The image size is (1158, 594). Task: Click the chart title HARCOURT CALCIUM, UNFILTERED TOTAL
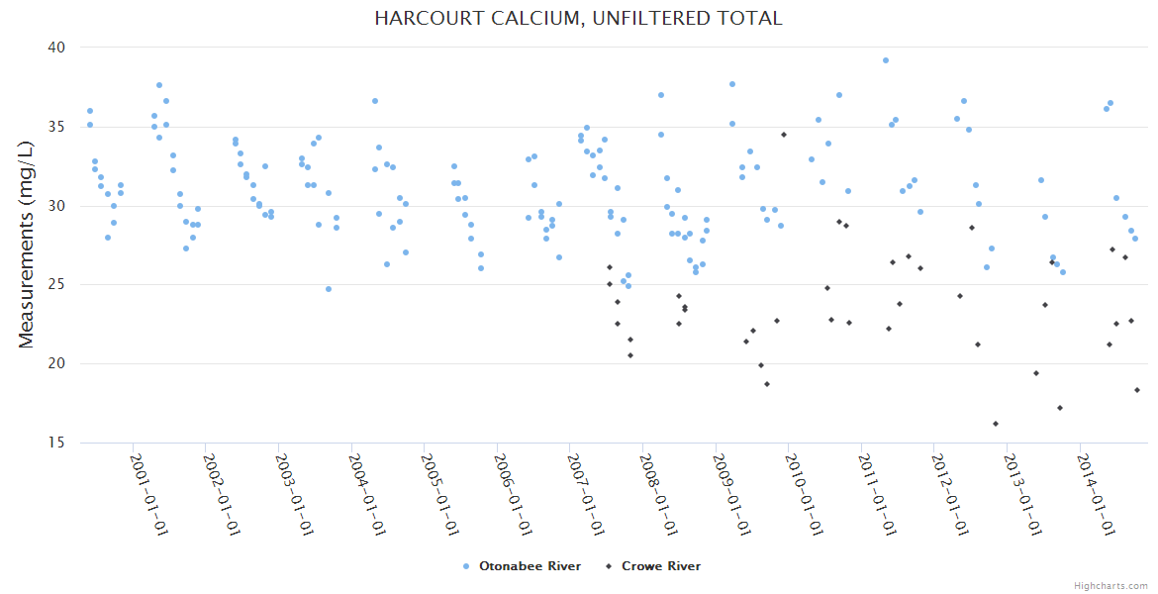tap(578, 18)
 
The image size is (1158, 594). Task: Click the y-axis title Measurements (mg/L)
tap(27, 245)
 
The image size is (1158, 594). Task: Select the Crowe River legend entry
tap(660, 566)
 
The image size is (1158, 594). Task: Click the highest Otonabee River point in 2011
tap(886, 60)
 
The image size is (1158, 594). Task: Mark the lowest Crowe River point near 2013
tap(996, 424)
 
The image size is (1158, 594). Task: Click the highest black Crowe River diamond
tap(784, 135)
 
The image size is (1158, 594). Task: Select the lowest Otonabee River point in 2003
tap(329, 289)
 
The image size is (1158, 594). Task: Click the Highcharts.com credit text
tap(1111, 585)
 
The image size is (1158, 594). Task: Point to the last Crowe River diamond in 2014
tap(1137, 390)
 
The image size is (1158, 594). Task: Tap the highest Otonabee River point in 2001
tap(159, 85)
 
